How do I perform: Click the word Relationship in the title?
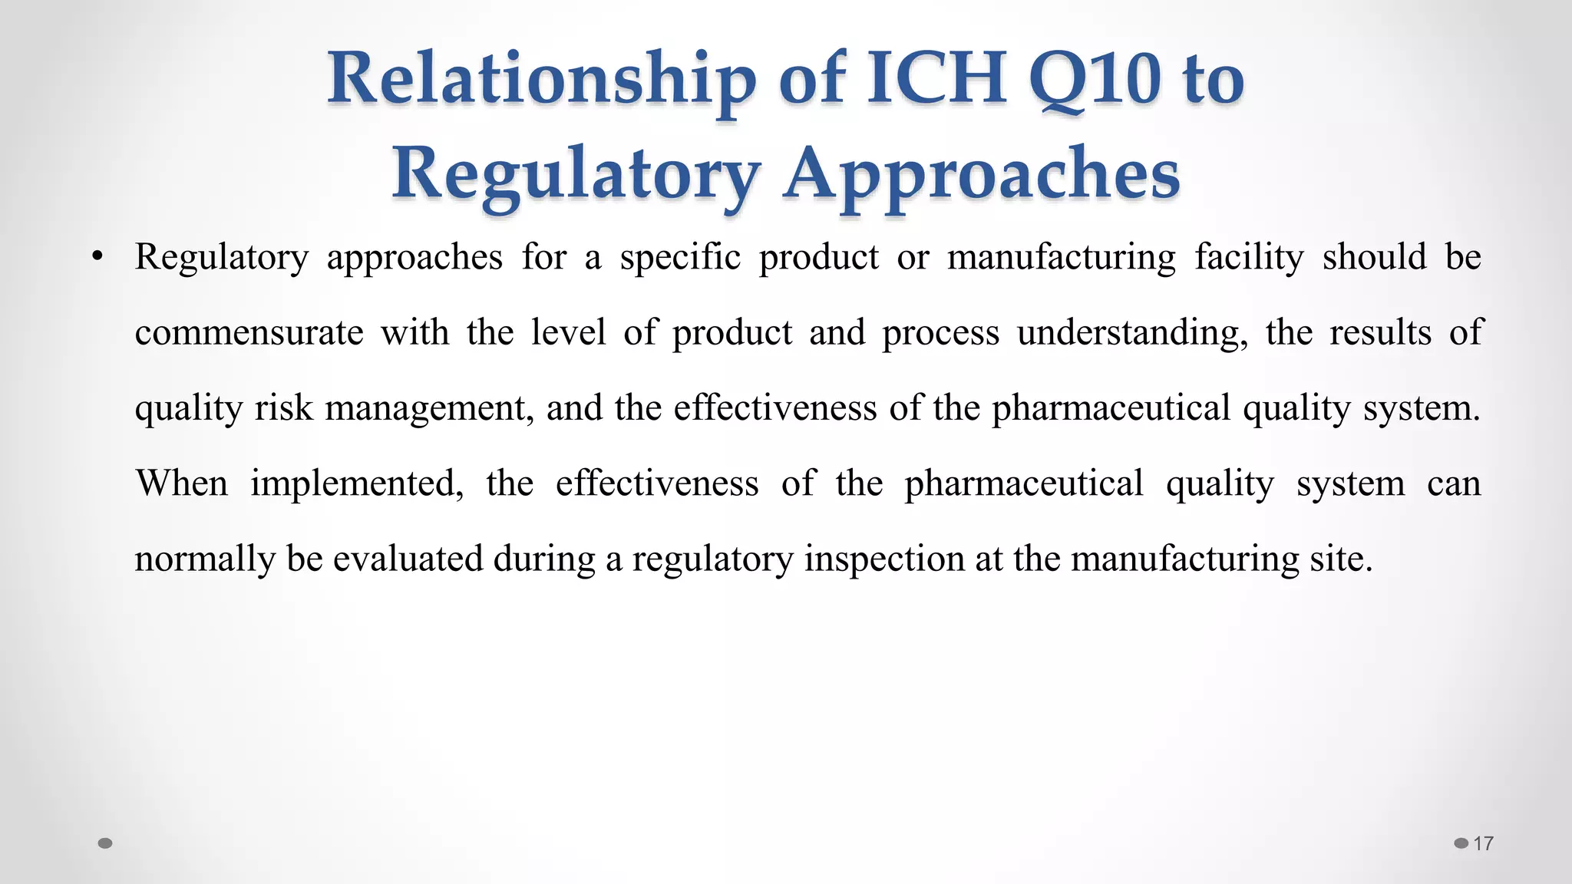click(540, 80)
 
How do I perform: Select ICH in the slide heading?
click(936, 78)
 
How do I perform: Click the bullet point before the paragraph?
click(97, 258)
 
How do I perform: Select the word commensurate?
click(249, 333)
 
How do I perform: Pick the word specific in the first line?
click(680, 258)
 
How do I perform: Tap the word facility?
click(1249, 258)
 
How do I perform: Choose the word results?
click(1380, 333)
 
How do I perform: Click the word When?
click(182, 483)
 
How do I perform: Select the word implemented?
click(357, 483)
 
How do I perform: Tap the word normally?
click(204, 559)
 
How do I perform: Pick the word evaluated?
click(408, 559)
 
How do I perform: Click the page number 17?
click(1483, 844)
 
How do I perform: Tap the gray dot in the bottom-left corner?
click(106, 843)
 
